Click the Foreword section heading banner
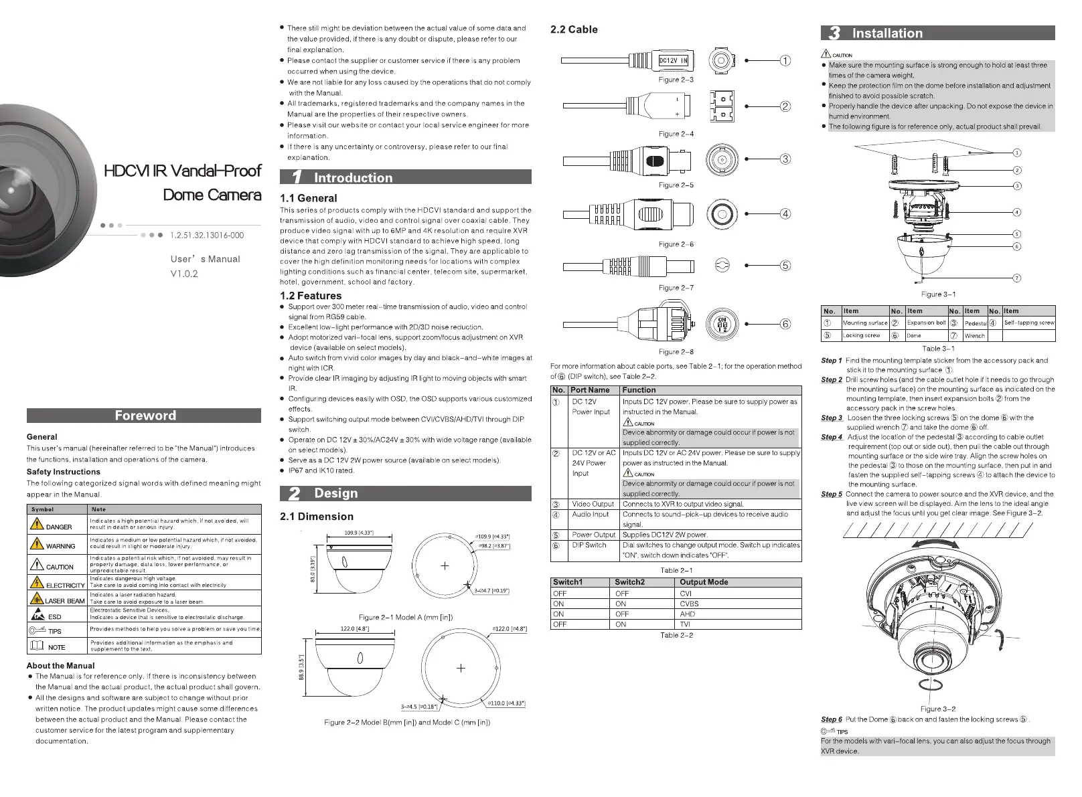point(144,416)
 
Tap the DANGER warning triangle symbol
point(37,523)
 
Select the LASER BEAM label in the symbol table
point(65,601)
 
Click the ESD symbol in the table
point(37,614)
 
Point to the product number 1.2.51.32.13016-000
point(207,236)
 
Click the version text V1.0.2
point(184,274)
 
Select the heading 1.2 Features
point(311,296)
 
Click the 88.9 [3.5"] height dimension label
point(302,667)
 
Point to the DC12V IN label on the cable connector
point(673,61)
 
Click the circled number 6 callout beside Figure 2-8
point(785,324)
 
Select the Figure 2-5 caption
point(676,185)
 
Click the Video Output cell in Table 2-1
point(593,505)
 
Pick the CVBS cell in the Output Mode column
point(689,604)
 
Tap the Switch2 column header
point(629,582)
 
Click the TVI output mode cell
point(685,624)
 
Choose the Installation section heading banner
point(937,33)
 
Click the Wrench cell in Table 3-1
point(974,336)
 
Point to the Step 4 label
point(832,437)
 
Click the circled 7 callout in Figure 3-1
point(1016,278)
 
